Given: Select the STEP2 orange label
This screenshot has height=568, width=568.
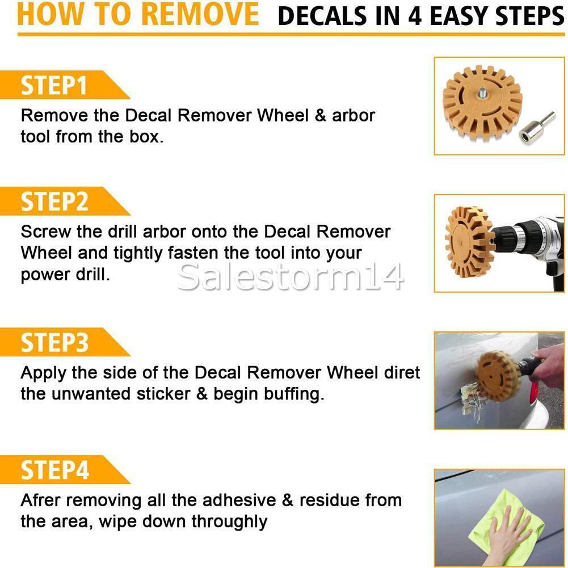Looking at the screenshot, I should (x=55, y=201).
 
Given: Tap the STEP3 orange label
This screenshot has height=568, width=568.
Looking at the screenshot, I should (x=55, y=343).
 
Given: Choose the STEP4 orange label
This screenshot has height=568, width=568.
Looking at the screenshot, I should (x=55, y=470).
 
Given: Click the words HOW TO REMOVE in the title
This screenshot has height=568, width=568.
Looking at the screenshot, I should (x=138, y=16).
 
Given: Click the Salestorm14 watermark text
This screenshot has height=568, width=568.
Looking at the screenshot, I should (x=290, y=276).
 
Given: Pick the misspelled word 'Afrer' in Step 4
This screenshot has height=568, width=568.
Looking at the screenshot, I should (x=44, y=500).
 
